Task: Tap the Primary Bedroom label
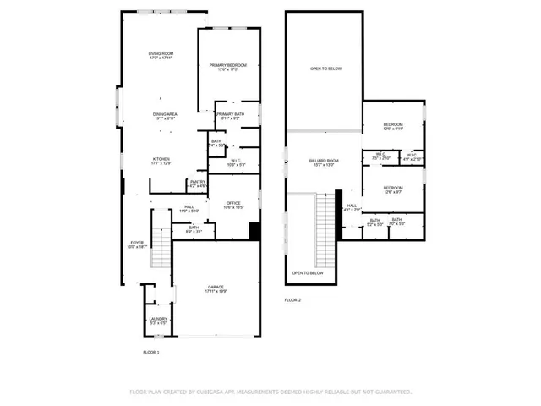pos(228,68)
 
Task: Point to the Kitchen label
pos(161,160)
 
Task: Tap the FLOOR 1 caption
pos(150,352)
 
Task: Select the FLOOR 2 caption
pos(292,300)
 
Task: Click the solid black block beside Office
pos(254,230)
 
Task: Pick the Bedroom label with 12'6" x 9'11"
pos(393,126)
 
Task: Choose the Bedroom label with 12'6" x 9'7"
pos(393,189)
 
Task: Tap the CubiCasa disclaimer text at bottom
pos(270,392)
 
